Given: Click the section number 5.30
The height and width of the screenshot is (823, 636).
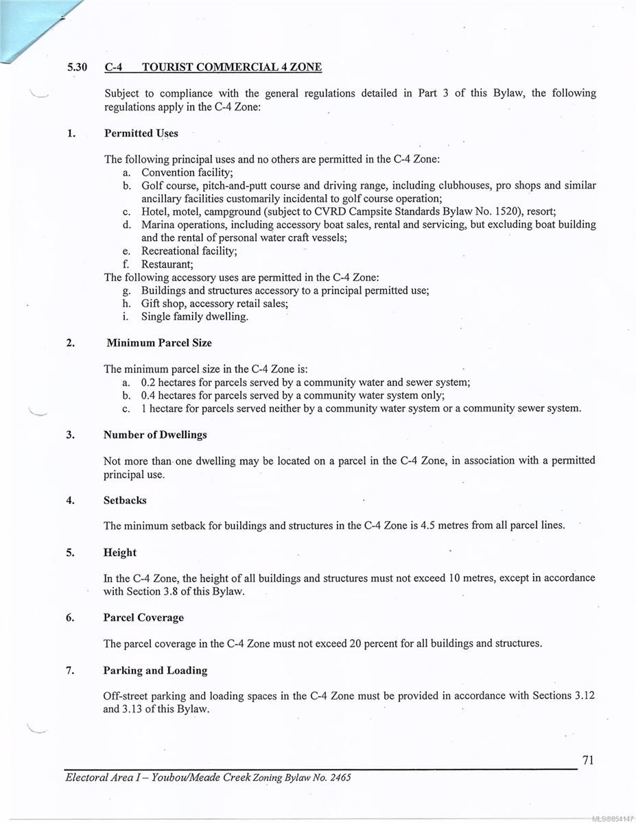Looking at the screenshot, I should [x=76, y=67].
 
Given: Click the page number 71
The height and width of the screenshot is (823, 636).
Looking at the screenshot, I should [x=587, y=760].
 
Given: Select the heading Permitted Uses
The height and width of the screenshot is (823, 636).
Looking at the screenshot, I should [x=141, y=134].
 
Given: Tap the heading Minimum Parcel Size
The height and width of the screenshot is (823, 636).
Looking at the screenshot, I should [x=159, y=343].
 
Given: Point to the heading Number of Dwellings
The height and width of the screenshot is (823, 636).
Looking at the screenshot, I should [x=155, y=435].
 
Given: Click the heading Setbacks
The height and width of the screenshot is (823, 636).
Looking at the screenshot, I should [x=125, y=501].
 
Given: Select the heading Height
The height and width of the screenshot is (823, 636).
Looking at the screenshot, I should [x=120, y=553].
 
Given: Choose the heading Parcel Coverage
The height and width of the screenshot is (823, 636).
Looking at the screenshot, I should [x=143, y=618].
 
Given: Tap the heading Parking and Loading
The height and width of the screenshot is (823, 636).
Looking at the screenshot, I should [x=155, y=671].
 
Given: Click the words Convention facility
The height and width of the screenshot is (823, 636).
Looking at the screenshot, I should [x=187, y=173].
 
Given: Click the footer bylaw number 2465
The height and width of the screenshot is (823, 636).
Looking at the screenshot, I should [x=340, y=778].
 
